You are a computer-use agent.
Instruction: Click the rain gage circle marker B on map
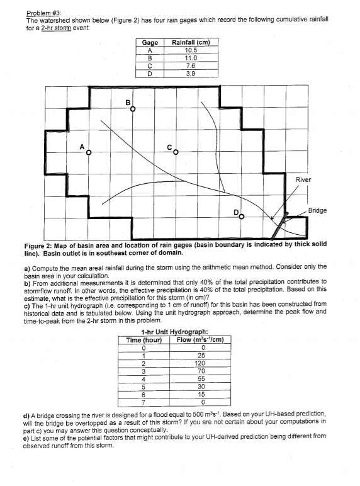pos(132,109)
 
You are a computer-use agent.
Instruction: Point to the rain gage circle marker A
pos(88,152)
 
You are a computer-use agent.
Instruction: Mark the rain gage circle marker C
pos(176,152)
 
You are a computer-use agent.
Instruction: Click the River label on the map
pos(303,179)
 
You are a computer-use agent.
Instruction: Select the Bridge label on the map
pos(317,210)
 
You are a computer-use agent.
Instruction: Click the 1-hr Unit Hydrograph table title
pos(176,332)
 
